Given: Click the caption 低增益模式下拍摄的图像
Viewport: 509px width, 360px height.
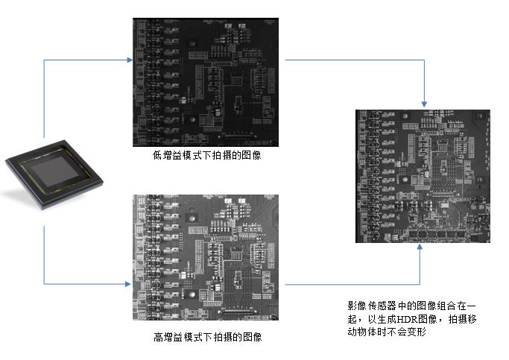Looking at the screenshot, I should [x=207, y=157].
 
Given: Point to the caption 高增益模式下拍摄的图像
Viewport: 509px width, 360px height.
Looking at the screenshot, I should [x=207, y=337].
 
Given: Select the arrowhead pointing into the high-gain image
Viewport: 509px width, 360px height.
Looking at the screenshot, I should [x=128, y=283].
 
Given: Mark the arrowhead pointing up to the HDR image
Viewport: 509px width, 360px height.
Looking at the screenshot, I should [x=421, y=248].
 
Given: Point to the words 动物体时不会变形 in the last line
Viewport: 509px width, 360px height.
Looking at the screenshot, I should [x=386, y=332].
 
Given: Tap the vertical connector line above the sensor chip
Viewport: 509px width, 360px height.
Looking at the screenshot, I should [x=45, y=104].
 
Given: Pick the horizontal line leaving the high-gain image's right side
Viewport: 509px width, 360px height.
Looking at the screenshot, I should [x=350, y=283].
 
